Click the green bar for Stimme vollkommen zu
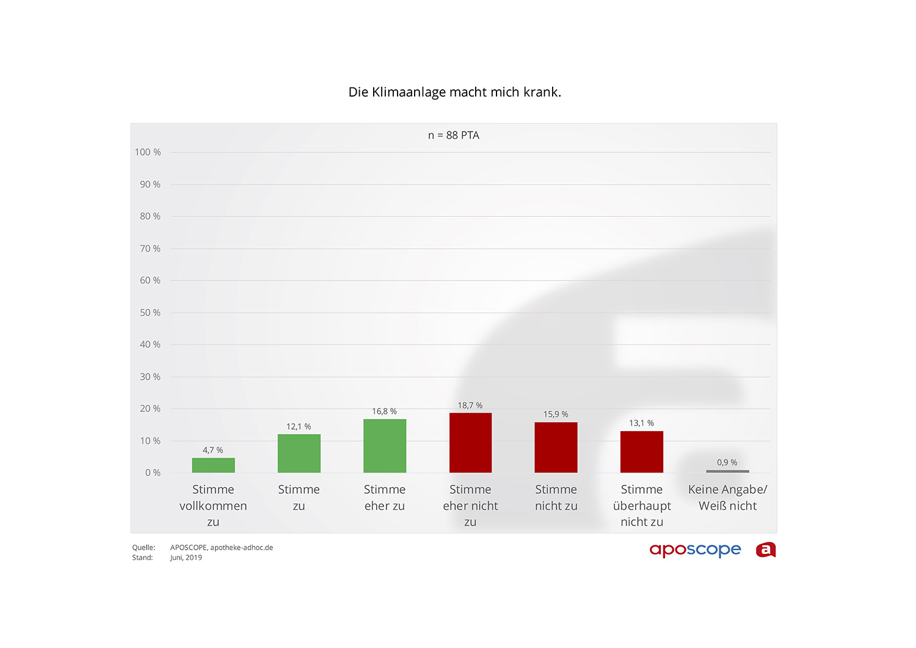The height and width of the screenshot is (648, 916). tap(213, 465)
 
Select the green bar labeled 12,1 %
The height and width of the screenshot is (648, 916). tap(299, 453)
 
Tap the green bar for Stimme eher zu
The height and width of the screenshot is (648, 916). tap(385, 446)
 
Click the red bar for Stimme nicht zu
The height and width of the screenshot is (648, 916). tap(556, 447)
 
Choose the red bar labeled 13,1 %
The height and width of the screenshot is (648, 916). tap(641, 452)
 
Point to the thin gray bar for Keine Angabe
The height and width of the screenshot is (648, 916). tap(727, 471)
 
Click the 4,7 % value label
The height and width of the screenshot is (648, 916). tap(213, 451)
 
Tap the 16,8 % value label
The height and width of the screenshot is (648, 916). tap(384, 411)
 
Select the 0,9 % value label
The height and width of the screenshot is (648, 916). tap(727, 463)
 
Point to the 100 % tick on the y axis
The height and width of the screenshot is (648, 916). tap(148, 152)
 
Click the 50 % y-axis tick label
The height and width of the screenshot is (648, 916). tap(150, 313)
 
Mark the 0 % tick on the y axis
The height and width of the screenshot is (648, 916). tap(153, 473)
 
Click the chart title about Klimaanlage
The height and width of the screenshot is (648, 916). tap(454, 92)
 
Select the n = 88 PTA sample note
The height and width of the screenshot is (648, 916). tap(454, 136)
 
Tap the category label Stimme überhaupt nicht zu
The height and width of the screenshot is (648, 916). tap(642, 506)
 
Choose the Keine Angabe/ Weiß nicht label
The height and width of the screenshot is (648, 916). tap(727, 498)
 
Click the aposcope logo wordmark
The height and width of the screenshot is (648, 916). tap(695, 550)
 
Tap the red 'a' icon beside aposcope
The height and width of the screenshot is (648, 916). tap(766, 550)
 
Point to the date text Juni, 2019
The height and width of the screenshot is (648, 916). tap(186, 558)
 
